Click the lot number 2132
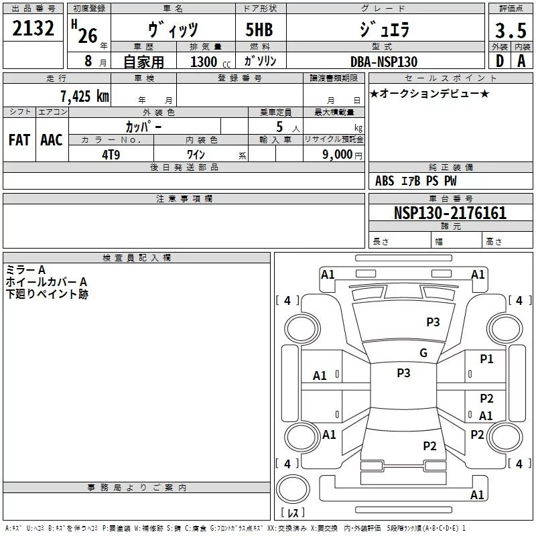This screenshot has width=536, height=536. coord(33,28)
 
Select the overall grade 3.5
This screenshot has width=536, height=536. coord(511,31)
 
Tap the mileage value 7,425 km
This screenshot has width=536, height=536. coord(84,96)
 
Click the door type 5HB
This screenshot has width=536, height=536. coord(259,29)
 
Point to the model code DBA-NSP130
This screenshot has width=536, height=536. coord(384,62)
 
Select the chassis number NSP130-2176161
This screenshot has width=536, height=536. coord(450,213)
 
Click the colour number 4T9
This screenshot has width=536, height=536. coord(111,155)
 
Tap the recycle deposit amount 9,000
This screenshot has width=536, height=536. coord(338,154)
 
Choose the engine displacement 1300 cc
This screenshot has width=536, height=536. coord(210,62)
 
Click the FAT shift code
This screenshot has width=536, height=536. coord(19,140)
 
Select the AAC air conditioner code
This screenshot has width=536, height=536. coord(52,140)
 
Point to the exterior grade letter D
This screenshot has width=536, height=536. coord(500,61)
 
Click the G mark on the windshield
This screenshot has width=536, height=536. coord(423,353)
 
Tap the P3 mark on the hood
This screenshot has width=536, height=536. coord(433,322)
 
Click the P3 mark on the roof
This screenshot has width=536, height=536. coord(403,373)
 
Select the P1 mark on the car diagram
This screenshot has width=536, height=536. coord(486,359)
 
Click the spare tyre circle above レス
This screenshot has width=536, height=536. coord(293,489)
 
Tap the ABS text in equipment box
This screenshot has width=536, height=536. coord(385,181)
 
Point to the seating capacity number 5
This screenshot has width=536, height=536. coord(279,127)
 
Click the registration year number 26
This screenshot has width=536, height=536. coord(88,36)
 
